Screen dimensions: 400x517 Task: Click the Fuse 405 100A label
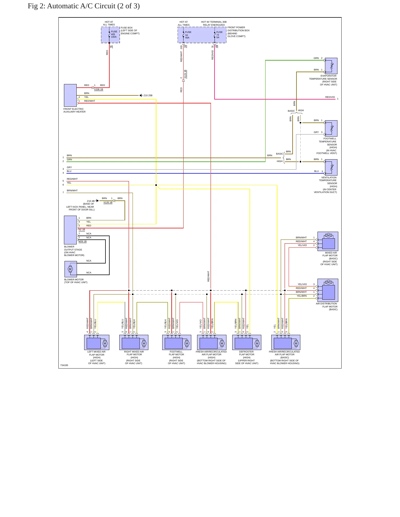pyautogui.click(x=114, y=34)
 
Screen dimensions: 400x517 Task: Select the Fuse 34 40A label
pyautogui.click(x=188, y=35)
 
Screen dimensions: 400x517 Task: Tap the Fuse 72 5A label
pyautogui.click(x=219, y=35)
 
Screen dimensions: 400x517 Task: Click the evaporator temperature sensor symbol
pyautogui.click(x=331, y=66)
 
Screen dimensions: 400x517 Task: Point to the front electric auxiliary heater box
pyautogui.click(x=70, y=95)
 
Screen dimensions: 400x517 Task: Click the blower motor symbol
pyautogui.click(x=71, y=269)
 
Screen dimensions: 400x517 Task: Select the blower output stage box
pyautogui.click(x=70, y=230)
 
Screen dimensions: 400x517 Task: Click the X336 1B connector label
pyautogui.click(x=99, y=89)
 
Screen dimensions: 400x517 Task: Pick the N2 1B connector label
pyautogui.click(x=82, y=229)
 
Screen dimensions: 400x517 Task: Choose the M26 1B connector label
pyautogui.click(x=82, y=241)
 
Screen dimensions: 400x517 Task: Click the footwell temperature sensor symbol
pyautogui.click(x=331, y=128)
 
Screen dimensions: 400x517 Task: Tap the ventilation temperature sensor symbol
pyautogui.click(x=331, y=167)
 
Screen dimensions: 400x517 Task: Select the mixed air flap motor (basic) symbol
pyautogui.click(x=328, y=241)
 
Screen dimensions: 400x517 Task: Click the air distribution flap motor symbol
pyautogui.click(x=328, y=290)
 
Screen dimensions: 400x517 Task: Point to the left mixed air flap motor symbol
pyautogui.click(x=97, y=342)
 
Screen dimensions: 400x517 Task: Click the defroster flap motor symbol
pyautogui.click(x=247, y=342)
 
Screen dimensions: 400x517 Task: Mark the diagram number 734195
pyautogui.click(x=64, y=365)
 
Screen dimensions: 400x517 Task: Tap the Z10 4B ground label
pyautogui.click(x=91, y=201)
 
